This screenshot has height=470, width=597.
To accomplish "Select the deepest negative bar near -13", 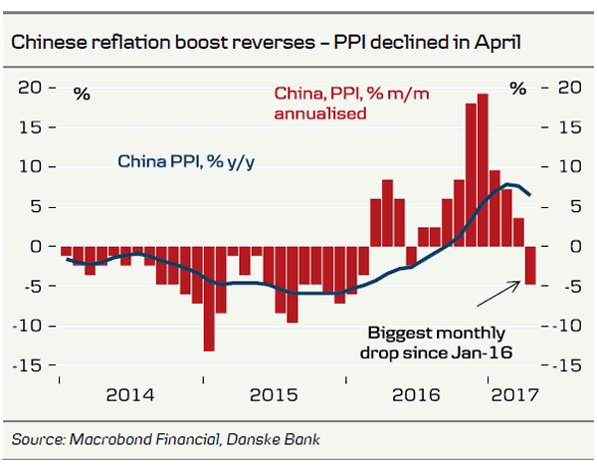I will [x=209, y=298].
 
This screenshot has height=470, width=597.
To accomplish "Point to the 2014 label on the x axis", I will [x=129, y=394].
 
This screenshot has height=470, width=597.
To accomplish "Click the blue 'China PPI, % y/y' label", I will [x=187, y=161].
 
